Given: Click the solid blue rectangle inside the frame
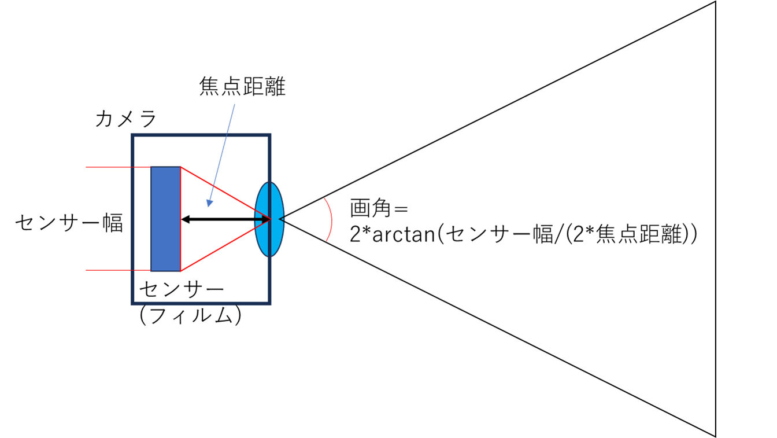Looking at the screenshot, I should [165, 219].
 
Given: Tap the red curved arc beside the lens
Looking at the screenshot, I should [331, 219].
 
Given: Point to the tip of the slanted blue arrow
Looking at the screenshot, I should [208, 207].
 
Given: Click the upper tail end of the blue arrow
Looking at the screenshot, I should [235, 104].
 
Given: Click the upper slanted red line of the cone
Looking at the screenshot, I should [225, 193].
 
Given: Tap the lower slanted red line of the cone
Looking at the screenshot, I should [225, 245].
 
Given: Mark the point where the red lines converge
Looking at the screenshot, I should [270, 219].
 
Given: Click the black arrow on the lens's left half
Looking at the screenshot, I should [258, 219].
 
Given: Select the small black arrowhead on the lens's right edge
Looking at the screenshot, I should [282, 219].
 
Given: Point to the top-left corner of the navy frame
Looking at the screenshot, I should [133, 135].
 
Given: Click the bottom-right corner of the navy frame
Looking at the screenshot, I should [269, 303].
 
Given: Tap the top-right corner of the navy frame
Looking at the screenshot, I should [269, 135].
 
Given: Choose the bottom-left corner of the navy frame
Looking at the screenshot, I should [133, 303].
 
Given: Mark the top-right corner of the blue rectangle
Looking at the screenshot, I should [180, 167].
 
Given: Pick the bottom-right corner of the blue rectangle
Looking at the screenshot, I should [180, 271].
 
